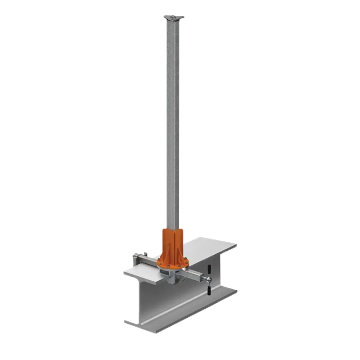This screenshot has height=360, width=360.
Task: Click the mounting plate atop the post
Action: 173,18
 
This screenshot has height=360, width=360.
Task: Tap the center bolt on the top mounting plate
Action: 173,17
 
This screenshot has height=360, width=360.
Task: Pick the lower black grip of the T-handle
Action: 209,290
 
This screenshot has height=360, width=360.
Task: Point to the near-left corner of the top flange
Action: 125,273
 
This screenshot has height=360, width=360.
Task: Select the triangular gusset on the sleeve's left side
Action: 164,250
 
